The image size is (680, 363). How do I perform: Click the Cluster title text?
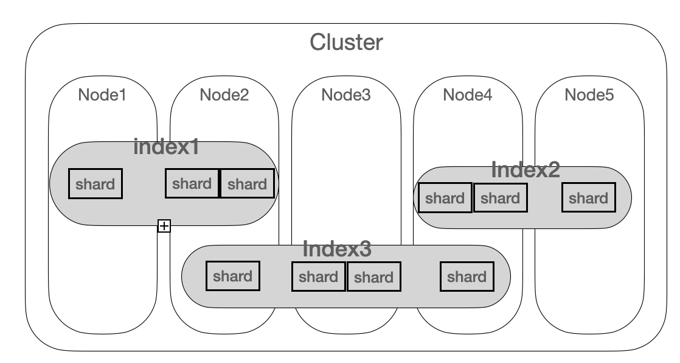tap(346, 43)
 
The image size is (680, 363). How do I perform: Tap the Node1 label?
tap(102, 94)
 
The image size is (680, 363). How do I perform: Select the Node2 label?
tap(224, 94)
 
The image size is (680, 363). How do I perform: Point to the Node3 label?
tap(346, 94)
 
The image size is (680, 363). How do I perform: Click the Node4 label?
tap(468, 94)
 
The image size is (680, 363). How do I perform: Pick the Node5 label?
tap(589, 94)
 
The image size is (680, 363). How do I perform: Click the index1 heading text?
tap(167, 147)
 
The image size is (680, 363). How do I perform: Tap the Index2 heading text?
tap(526, 169)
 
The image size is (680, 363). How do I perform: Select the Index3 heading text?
tap(337, 249)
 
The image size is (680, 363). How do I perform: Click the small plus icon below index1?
tap(164, 226)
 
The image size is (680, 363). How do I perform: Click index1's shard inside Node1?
tap(95, 184)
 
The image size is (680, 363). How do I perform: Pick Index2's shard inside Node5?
tap(589, 197)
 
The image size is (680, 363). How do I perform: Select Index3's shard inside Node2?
tap(233, 276)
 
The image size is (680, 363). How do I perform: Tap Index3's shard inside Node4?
tap(467, 277)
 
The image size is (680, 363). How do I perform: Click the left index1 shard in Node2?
tap(192, 183)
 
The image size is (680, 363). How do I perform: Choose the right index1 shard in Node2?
tap(248, 183)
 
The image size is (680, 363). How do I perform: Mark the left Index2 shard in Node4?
tap(445, 197)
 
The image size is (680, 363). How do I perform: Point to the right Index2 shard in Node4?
tap(501, 197)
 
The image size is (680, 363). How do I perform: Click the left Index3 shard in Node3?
tap(319, 277)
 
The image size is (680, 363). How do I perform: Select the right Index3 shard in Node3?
tap(374, 277)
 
